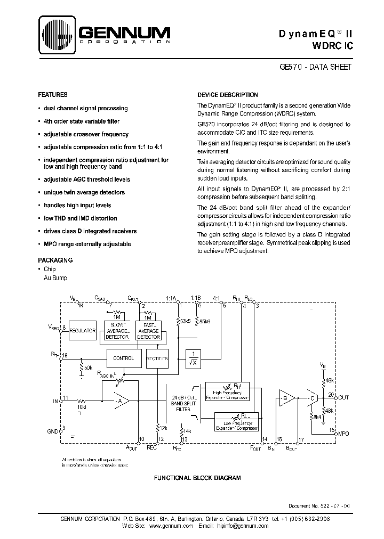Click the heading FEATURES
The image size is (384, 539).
click(x=52, y=94)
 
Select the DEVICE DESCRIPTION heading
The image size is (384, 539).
click(x=227, y=95)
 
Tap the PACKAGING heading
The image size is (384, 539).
click(x=55, y=260)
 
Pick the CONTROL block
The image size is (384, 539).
click(x=124, y=358)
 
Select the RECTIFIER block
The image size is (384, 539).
click(x=157, y=359)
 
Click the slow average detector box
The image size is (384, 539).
click(x=117, y=331)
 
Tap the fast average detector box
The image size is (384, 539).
click(x=148, y=331)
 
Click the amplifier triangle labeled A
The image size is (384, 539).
click(x=120, y=400)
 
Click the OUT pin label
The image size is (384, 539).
click(x=343, y=397)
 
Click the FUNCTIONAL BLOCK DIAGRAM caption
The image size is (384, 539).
click(x=197, y=478)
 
